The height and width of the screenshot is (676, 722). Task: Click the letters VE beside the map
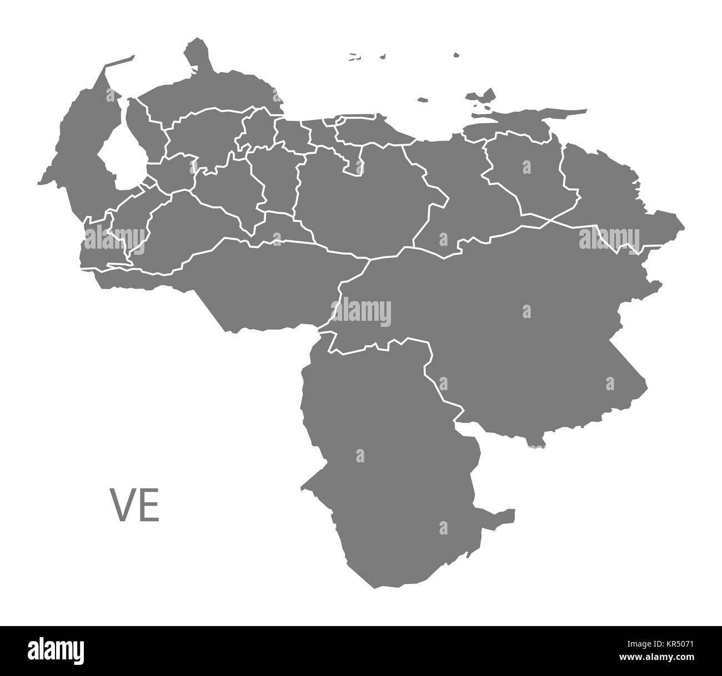(x=136, y=505)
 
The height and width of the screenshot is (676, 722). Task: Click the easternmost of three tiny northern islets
(x=456, y=55)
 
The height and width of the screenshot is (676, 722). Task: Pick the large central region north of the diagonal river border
(x=361, y=205)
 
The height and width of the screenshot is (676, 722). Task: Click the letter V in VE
(x=124, y=505)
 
